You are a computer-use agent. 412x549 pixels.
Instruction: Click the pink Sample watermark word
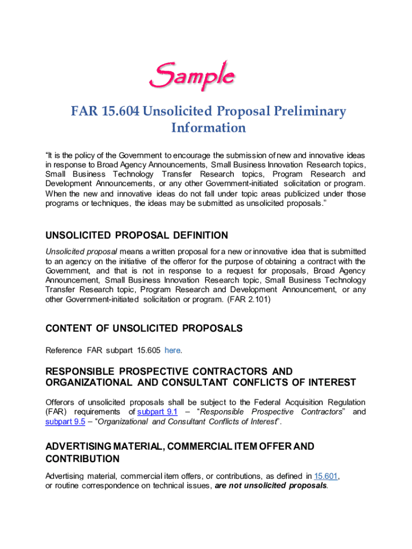[191, 76]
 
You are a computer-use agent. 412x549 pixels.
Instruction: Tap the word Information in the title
[208, 128]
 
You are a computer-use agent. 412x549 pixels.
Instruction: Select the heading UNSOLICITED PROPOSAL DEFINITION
[136, 235]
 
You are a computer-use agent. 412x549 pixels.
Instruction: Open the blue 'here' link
[172, 351]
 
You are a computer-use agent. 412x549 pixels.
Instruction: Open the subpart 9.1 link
[157, 412]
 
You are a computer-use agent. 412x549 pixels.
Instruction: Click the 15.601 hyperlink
[326, 476]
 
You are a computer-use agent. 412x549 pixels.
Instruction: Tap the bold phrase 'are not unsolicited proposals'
[271, 486]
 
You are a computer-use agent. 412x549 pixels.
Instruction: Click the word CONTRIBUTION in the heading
[82, 459]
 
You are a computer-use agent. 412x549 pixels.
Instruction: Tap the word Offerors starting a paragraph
[60, 402]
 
